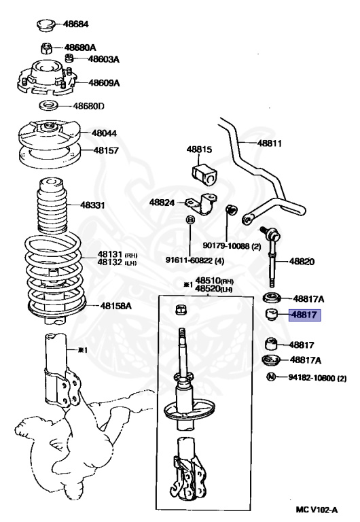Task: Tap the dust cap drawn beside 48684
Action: tap(46, 26)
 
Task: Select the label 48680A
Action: tap(80, 48)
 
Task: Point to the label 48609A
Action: tap(104, 83)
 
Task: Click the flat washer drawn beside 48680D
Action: tap(48, 106)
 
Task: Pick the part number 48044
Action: tap(105, 134)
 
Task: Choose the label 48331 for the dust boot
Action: tap(92, 205)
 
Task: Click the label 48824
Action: tap(162, 202)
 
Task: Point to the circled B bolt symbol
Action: tap(191, 220)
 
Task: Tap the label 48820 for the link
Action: tap(303, 260)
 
